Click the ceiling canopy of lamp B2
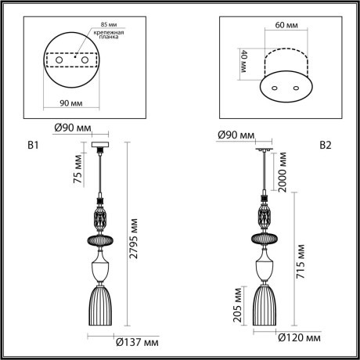(265, 146)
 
